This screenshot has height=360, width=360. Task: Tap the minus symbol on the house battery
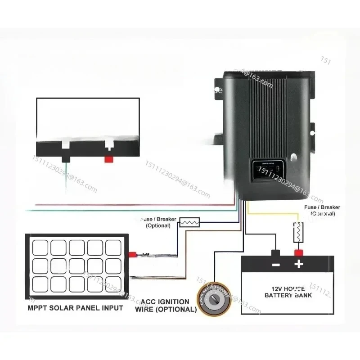275,264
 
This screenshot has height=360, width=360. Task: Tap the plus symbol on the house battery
298,264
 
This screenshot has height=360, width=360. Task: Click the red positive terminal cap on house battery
297,252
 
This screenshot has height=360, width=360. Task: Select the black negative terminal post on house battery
275,252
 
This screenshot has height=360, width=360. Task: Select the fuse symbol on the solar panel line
189,222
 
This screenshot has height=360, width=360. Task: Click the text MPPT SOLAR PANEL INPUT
76,308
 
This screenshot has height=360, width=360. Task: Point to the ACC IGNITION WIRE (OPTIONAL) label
166,306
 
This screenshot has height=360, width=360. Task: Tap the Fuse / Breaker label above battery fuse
322,210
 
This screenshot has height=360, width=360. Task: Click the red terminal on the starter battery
108,158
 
